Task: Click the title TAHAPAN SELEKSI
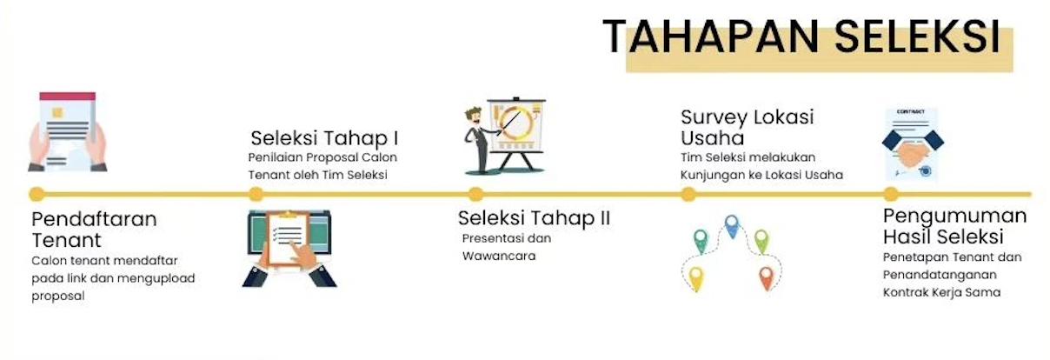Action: tap(801, 37)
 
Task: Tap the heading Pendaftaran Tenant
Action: tap(94, 230)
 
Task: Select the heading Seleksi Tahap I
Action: tap(324, 138)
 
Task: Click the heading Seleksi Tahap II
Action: tap(534, 218)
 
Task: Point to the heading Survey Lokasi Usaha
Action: tap(748, 128)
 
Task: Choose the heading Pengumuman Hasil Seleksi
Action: tap(955, 226)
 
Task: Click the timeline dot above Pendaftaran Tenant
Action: tap(37, 194)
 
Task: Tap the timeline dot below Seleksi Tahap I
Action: tap(256, 194)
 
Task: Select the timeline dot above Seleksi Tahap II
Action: tap(475, 194)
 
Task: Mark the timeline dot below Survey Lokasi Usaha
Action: tap(688, 194)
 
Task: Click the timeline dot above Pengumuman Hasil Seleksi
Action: tap(891, 194)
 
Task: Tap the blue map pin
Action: tap(732, 226)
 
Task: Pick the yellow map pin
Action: tap(696, 278)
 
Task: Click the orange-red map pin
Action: tap(767, 277)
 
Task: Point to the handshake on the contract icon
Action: tap(912, 153)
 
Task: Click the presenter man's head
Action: tap(474, 117)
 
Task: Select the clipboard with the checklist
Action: tap(288, 239)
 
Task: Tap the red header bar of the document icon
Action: tap(68, 97)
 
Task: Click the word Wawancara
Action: tap(499, 256)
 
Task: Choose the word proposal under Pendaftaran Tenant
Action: tap(58, 297)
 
